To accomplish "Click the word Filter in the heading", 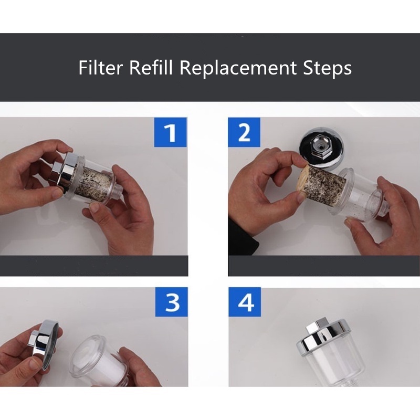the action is [100, 67].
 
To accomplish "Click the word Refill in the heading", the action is [151, 67].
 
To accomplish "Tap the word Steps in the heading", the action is [327, 68].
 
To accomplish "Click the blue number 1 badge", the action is [170, 132].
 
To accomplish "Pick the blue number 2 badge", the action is [244, 132].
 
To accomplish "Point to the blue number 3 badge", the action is [172, 302].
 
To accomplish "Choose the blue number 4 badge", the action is [245, 302].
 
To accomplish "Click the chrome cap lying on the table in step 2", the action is [322, 148].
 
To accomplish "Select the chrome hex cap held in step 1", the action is [65, 171].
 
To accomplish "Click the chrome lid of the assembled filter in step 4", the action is [323, 339].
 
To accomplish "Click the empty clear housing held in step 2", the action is [356, 195].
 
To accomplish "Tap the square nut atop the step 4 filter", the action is [316, 325].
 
